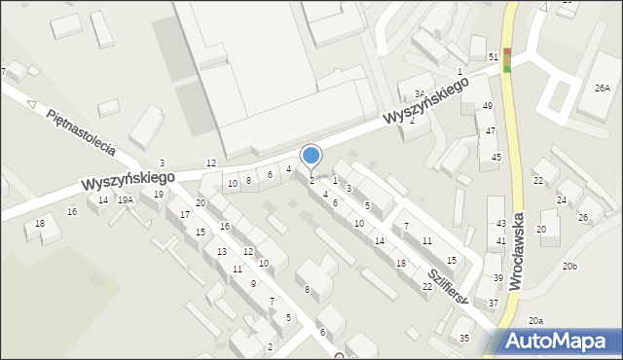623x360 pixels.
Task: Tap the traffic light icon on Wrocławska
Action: (506, 59)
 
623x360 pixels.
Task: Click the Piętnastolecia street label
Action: (81, 131)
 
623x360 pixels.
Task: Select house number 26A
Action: (603, 89)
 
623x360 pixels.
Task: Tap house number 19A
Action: (126, 199)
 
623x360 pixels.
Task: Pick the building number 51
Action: (494, 58)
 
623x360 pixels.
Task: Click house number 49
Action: (488, 105)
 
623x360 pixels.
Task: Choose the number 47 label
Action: (491, 130)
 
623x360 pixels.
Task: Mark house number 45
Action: (496, 157)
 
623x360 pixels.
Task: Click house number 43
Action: (500, 225)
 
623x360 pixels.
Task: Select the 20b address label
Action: (569, 266)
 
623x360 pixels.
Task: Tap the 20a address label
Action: (536, 320)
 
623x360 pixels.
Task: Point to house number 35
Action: (464, 338)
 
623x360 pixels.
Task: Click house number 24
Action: (562, 199)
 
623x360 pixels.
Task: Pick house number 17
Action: (184, 214)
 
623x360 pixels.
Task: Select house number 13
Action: (221, 251)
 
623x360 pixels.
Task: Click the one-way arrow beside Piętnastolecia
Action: (31, 103)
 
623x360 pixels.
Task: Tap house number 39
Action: (497, 278)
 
